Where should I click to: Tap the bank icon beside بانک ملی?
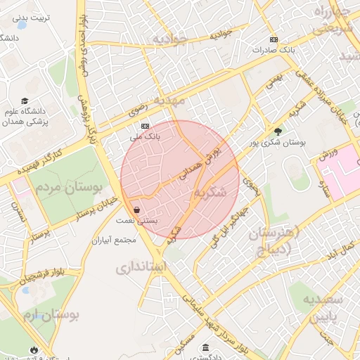click(x=145, y=126)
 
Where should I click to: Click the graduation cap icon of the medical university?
click(x=25, y=101)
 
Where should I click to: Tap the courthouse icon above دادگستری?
click(x=205, y=347)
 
